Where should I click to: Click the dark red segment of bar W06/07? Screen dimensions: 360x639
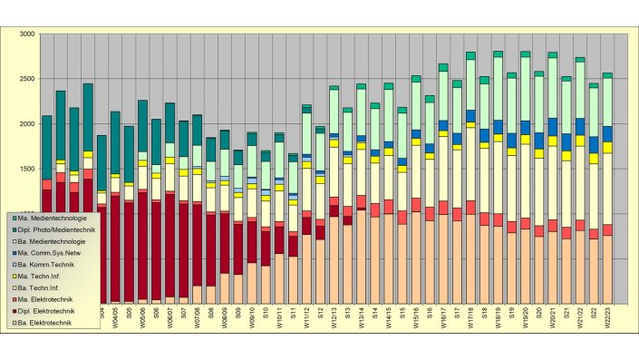pos(170,245)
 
